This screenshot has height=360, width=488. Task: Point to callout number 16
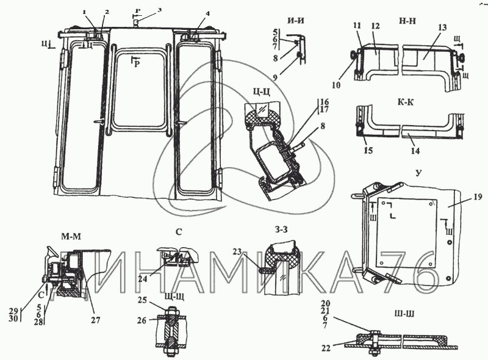click(x=323, y=101)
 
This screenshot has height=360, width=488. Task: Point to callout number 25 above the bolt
click(x=142, y=300)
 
